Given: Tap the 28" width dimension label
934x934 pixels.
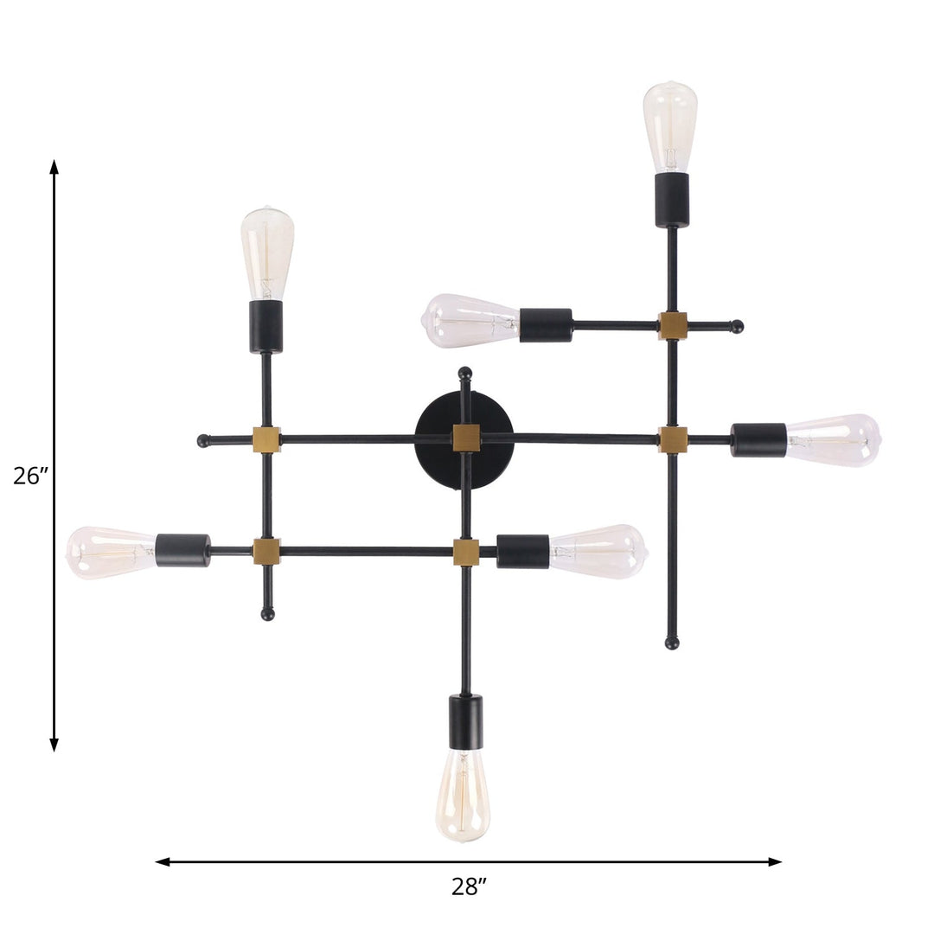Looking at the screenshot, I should [x=469, y=886].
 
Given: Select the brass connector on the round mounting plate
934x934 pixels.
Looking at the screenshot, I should [x=466, y=438].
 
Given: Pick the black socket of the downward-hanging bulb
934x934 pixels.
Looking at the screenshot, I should [x=465, y=721].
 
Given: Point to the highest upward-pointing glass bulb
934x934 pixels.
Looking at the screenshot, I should [x=670, y=126].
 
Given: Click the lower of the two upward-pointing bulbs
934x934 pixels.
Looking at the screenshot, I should [x=267, y=253].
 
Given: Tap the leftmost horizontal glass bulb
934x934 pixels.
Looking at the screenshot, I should [x=111, y=552].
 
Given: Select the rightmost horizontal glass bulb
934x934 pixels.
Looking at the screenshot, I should [x=833, y=440].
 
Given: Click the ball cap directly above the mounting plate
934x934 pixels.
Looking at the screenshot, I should [x=465, y=373].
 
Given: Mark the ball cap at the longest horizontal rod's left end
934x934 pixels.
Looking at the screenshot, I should [x=203, y=440].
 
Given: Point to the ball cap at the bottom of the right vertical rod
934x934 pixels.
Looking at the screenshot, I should [x=672, y=643].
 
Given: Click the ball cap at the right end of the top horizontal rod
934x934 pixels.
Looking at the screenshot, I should [x=737, y=326].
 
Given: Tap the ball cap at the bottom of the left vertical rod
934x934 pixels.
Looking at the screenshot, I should [x=267, y=614].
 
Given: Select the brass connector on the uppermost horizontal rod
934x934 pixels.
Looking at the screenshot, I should [x=672, y=326].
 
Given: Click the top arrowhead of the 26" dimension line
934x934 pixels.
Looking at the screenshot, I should [x=54, y=166].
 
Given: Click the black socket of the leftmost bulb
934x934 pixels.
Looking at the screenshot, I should [x=182, y=550].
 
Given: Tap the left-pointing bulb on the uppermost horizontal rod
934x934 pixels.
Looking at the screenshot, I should [x=470, y=321].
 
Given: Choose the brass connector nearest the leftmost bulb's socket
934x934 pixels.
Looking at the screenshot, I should [x=266, y=551].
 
